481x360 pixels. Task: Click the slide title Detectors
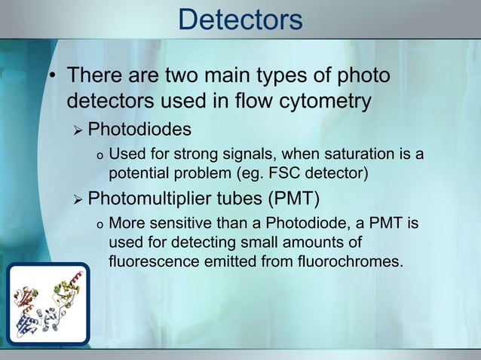coord(240,20)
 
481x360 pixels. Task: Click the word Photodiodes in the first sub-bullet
coord(139,130)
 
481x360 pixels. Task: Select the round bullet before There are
coord(54,78)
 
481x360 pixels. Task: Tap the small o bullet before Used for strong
coord(98,157)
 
